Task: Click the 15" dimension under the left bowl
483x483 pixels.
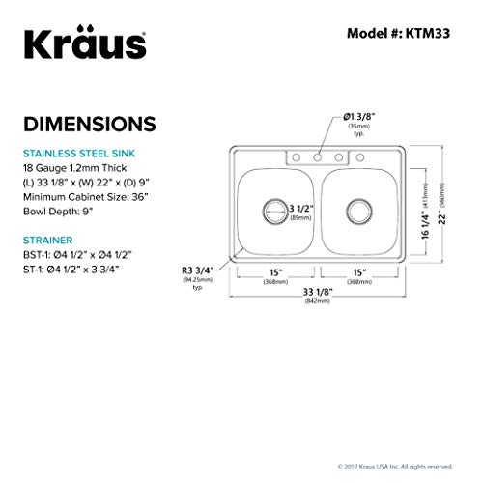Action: click(274, 270)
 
